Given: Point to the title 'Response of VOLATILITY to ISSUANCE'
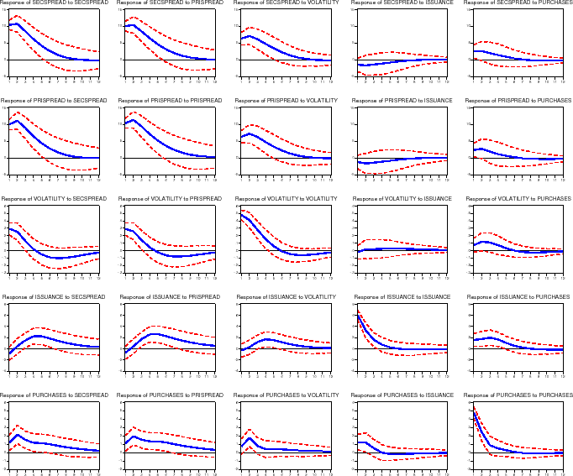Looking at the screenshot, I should [402, 199].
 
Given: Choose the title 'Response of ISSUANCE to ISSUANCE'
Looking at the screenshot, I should [402, 297].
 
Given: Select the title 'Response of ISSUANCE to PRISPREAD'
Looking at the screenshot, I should [170, 297].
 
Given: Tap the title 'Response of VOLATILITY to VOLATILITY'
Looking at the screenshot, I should [286, 199].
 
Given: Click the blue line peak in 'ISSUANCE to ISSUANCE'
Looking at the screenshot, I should [358, 314].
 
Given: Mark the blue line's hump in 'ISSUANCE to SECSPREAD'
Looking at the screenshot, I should [38, 336].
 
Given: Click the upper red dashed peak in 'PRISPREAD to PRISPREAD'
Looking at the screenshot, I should [133, 112].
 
